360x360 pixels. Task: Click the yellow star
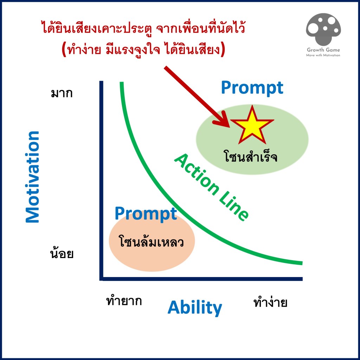point(252,126)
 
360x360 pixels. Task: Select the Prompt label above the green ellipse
point(252,88)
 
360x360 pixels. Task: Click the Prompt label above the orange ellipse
point(146,213)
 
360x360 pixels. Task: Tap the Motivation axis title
point(32,177)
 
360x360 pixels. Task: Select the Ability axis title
point(195,308)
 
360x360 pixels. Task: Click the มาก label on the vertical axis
point(62,93)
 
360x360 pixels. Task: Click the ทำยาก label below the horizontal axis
point(124,301)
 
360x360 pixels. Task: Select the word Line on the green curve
point(234,206)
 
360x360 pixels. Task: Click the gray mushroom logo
point(323,29)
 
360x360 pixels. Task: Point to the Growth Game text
point(323,50)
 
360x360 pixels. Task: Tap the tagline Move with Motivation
point(323,55)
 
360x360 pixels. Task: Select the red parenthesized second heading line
point(143,49)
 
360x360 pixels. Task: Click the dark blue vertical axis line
point(101,180)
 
